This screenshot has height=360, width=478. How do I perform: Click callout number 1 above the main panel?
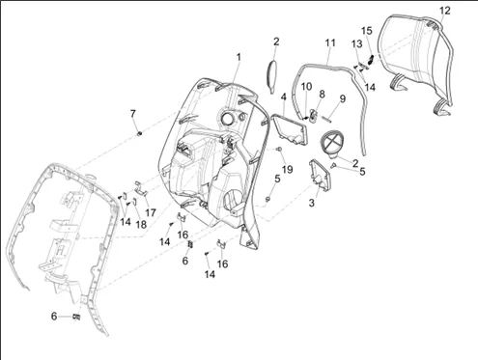239,57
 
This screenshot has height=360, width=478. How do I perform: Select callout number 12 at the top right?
445,11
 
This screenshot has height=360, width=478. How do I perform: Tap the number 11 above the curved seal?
330,42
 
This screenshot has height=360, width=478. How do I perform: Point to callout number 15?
367,31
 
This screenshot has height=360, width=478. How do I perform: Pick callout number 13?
357,43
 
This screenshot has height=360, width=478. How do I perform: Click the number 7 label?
133,113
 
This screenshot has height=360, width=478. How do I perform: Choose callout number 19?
287,169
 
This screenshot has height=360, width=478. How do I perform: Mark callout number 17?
151,212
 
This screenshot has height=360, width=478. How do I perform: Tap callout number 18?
141,224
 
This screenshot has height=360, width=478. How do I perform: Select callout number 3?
311,203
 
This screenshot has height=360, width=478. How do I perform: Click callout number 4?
283,97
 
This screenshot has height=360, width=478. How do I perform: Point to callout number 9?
342,98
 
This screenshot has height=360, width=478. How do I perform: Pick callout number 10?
306,86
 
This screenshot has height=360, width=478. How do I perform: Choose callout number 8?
322,94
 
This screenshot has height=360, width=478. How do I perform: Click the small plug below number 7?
139,133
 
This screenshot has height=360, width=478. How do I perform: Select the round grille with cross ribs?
332,142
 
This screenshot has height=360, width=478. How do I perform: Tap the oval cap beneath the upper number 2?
272,76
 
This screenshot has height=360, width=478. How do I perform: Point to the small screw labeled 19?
279,149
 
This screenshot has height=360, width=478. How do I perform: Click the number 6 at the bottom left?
54,317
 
